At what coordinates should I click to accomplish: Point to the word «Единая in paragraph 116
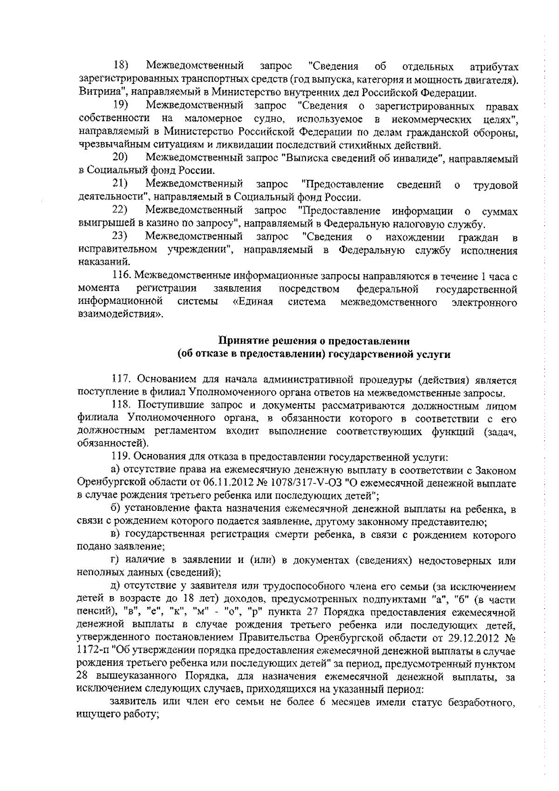[x=252, y=303]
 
